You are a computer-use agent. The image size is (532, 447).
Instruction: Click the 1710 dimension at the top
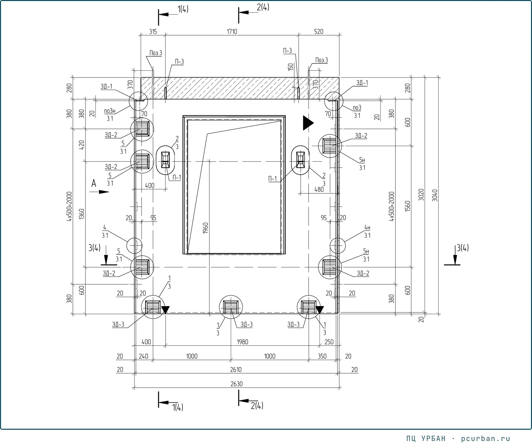(x=232, y=32)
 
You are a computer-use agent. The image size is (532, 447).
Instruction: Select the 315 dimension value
(x=153, y=32)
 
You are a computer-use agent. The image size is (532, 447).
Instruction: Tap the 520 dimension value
(x=319, y=32)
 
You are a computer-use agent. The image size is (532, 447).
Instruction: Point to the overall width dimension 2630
(x=236, y=384)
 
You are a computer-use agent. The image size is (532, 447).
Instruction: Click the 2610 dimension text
(x=236, y=370)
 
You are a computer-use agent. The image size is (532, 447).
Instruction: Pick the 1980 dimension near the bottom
(x=242, y=342)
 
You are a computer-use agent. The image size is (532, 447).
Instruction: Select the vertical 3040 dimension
(x=435, y=195)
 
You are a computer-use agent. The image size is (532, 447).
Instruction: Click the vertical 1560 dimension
(x=408, y=206)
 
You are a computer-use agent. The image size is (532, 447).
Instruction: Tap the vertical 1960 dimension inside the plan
(x=205, y=228)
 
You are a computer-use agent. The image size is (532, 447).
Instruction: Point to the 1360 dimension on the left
(x=82, y=214)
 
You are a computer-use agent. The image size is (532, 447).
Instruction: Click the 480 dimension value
(x=319, y=189)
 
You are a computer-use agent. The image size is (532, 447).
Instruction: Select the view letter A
(x=94, y=183)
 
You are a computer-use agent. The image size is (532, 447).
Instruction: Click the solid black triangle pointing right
(x=308, y=123)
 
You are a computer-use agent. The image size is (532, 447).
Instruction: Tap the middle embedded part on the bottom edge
(x=231, y=307)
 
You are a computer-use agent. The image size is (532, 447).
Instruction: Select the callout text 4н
(x=367, y=227)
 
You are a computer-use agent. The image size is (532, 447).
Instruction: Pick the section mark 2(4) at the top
(x=263, y=7)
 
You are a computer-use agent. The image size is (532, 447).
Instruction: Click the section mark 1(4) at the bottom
(x=178, y=407)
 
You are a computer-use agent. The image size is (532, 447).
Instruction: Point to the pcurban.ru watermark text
(x=486, y=438)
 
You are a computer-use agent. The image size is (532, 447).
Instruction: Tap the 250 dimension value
(x=329, y=342)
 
